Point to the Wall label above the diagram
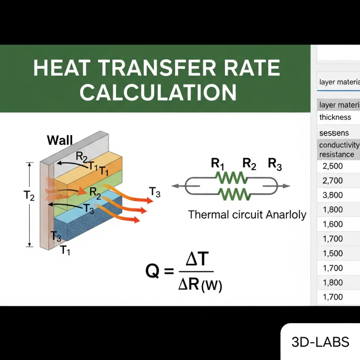pyautogui.click(x=59, y=140)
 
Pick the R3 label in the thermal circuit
pyautogui.click(x=275, y=165)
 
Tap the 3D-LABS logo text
pyautogui.click(x=320, y=342)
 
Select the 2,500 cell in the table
pyautogui.click(x=333, y=166)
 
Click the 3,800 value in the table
pyautogui.click(x=333, y=195)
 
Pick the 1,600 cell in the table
pyautogui.click(x=333, y=224)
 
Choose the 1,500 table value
pyautogui.click(x=333, y=253)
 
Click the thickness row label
pyautogui.click(x=335, y=117)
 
